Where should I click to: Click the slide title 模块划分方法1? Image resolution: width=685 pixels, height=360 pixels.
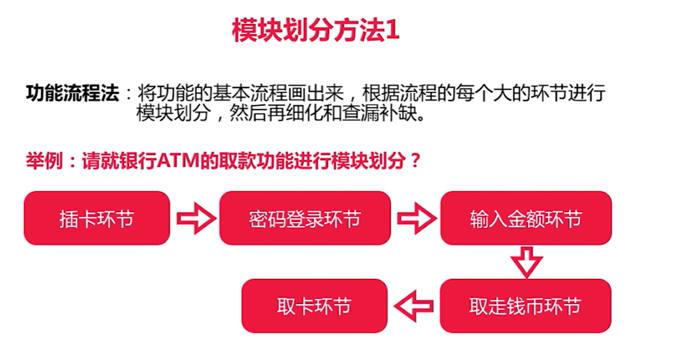tap(316, 31)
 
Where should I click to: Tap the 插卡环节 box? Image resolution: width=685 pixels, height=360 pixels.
tap(97, 219)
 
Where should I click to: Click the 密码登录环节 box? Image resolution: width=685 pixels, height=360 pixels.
tap(304, 219)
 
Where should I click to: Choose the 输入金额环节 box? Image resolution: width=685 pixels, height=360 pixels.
tap(525, 219)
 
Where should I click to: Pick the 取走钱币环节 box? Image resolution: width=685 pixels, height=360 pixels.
tap(525, 306)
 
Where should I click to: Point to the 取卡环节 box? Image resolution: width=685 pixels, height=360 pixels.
tap(314, 306)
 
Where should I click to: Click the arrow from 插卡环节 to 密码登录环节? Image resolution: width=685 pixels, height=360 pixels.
tap(195, 219)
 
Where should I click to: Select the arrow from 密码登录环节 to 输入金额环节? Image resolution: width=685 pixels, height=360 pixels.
tap(415, 219)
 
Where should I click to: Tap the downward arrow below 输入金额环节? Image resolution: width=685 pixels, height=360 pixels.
tap(526, 262)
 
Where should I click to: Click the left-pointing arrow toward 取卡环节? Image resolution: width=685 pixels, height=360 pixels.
tap(414, 306)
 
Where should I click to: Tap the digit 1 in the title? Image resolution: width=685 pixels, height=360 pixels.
tap(393, 31)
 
